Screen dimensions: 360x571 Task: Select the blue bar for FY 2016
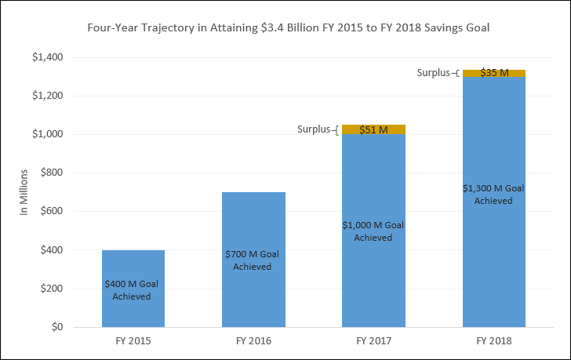coord(253,227)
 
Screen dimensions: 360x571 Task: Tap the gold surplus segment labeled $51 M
coord(373,129)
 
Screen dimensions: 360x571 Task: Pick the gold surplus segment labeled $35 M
coord(493,73)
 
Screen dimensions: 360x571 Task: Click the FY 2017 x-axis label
coord(373,341)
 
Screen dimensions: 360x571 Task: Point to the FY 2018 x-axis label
coord(493,341)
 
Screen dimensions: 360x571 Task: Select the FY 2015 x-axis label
coord(133,341)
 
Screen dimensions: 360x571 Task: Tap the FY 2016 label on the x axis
coord(253,341)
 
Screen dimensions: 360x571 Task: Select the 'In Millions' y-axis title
coord(24,192)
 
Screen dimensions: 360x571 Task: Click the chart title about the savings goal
coord(285,28)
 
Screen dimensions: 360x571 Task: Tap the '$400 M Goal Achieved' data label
coord(133,289)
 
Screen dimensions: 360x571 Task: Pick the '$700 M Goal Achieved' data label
coord(253,260)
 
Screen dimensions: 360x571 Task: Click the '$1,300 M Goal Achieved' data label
coord(493,194)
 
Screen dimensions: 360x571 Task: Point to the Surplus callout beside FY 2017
coord(316,129)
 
